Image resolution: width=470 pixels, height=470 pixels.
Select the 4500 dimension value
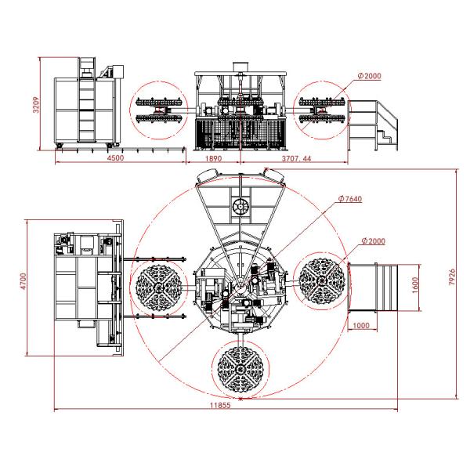115,158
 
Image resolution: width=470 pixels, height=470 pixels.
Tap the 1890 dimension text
212,158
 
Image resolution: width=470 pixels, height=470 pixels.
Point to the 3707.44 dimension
295,158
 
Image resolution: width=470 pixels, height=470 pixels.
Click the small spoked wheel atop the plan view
240,207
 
